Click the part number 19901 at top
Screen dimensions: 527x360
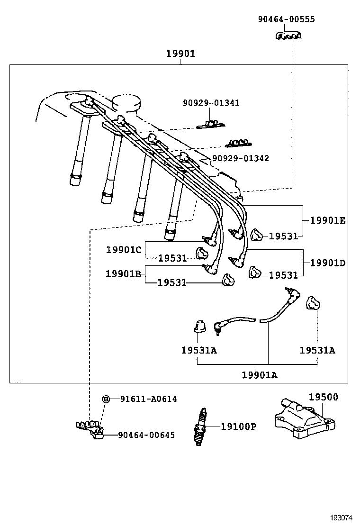(180, 54)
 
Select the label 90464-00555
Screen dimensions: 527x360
(286, 19)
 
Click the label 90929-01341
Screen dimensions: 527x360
(211, 103)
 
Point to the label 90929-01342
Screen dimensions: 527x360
(240, 158)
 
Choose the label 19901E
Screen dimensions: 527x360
(328, 220)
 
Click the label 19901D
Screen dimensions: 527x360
(328, 262)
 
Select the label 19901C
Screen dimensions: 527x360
(124, 249)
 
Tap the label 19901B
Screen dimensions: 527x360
(124, 273)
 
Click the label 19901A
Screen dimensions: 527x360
(260, 375)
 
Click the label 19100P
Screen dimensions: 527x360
(238, 427)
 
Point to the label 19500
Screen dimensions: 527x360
(324, 397)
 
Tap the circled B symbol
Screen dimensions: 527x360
(107, 399)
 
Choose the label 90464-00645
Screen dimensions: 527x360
(146, 435)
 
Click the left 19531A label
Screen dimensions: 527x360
(198, 350)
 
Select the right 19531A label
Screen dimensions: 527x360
(317, 350)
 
